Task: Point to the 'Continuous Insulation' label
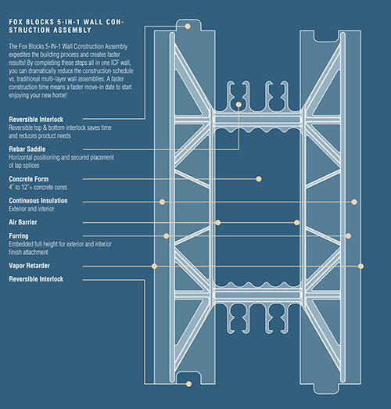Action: (x=38, y=201)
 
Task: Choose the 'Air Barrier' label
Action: (x=23, y=223)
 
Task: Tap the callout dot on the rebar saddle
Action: (x=236, y=104)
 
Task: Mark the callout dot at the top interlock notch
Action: (x=188, y=25)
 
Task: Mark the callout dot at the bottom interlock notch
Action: (x=188, y=383)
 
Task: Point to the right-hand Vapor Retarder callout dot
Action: (x=361, y=266)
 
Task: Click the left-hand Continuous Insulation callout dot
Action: (x=162, y=202)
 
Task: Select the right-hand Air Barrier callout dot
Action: (x=296, y=223)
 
